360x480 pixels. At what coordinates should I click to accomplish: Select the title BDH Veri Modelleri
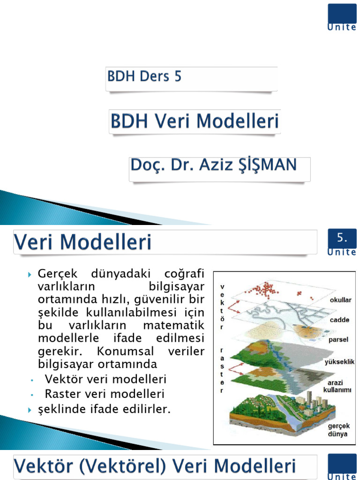pos(195,121)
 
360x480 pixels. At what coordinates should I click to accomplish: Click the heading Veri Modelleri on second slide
pos(83,242)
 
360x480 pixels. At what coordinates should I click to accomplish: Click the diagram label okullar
pos(341,300)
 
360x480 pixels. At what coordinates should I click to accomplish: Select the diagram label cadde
pos(339,320)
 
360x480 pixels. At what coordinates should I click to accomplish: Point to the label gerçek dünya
pos(337,430)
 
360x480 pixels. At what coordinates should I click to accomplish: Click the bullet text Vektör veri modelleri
pos(105,379)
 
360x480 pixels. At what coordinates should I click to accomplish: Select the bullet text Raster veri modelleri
pos(105,394)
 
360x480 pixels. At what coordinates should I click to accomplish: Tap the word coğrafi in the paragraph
pos(184,273)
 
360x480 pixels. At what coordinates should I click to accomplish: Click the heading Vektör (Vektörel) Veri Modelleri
pos(155,467)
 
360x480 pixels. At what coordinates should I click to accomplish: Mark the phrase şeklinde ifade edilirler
pos(104,410)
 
